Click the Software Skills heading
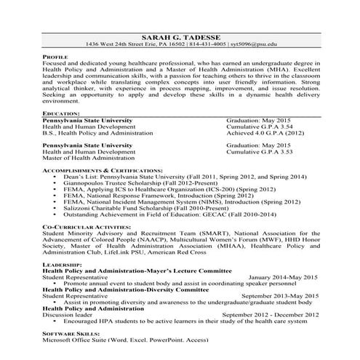[71, 333]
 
